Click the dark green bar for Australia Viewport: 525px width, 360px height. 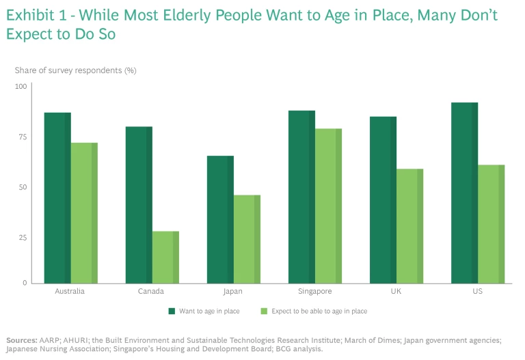click(57, 197)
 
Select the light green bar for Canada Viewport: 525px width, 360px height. click(165, 257)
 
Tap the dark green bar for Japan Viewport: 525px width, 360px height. click(220, 219)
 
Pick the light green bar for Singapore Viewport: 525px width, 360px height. click(328, 206)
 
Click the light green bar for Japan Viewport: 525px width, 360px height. click(247, 238)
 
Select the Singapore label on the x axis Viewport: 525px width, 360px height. click(315, 292)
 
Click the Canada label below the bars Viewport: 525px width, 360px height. click(152, 292)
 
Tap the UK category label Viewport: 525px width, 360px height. click(396, 292)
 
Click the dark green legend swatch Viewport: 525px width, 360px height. click(172, 311)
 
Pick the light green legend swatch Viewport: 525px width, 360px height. click(263, 311)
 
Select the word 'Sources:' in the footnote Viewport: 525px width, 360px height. click(21, 340)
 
